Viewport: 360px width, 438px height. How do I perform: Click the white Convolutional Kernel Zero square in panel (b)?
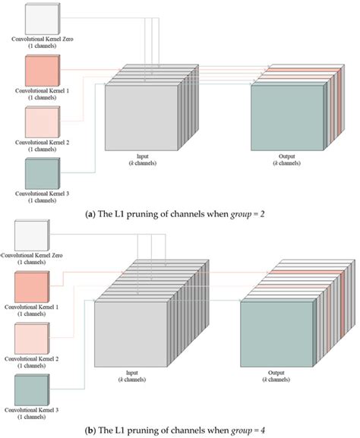coord(32,238)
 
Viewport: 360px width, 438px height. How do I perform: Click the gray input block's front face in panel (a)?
coord(140,118)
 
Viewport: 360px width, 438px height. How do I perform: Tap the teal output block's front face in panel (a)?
coord(286,118)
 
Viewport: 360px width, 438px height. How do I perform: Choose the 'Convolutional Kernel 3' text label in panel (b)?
coord(32,414)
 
